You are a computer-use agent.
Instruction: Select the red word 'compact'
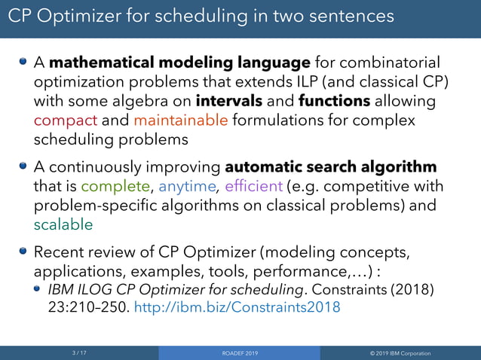(66, 121)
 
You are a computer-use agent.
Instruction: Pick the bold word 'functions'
(334, 101)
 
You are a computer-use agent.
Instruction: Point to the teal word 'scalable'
(63, 224)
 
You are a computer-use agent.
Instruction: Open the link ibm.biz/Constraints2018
(237, 307)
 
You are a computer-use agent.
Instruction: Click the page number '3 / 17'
(79, 352)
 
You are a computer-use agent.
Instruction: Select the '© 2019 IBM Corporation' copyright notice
(400, 352)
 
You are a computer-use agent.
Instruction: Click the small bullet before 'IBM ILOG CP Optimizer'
(38, 288)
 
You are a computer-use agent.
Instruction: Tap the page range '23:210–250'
(86, 307)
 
